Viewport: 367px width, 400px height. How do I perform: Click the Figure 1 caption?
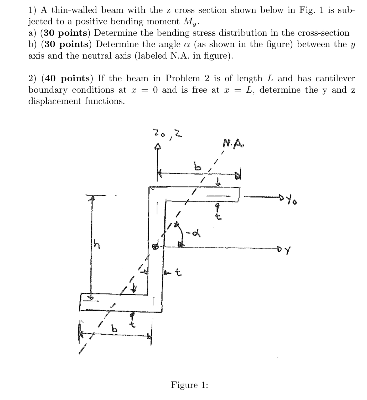tap(189, 385)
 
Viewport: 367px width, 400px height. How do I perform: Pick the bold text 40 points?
tap(67, 78)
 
